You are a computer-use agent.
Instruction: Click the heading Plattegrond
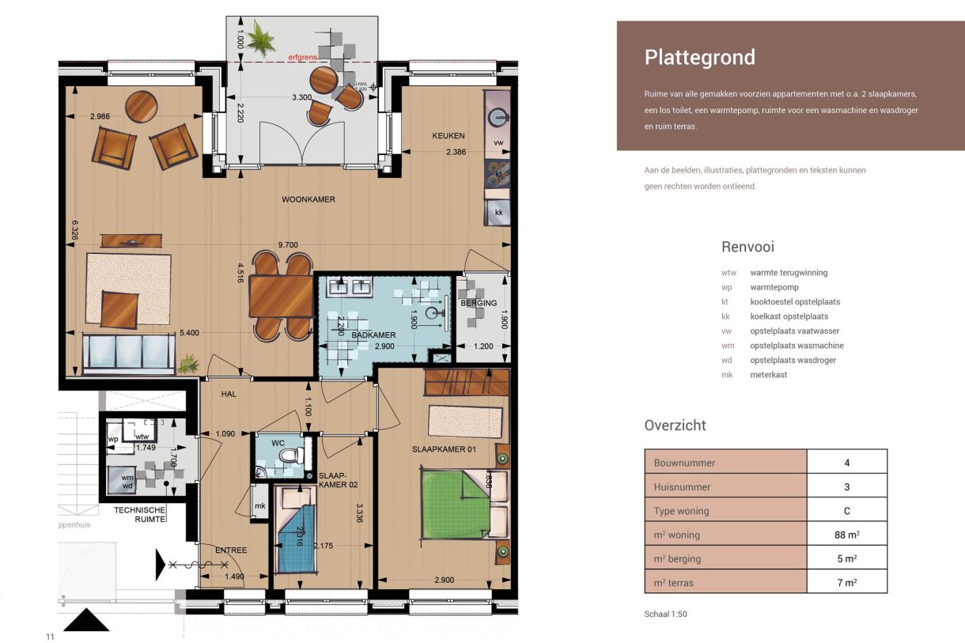click(x=699, y=58)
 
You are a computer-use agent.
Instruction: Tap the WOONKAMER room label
click(x=308, y=200)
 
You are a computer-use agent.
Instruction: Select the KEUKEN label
click(x=448, y=136)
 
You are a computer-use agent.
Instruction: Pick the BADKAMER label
click(x=373, y=335)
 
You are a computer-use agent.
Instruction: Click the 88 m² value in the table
click(x=846, y=535)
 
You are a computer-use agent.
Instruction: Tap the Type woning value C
click(x=846, y=511)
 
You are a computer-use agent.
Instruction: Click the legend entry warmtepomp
click(x=774, y=287)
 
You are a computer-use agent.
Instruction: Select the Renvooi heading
click(x=747, y=247)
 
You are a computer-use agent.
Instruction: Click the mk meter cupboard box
click(x=259, y=506)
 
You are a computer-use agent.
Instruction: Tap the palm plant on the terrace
click(x=258, y=36)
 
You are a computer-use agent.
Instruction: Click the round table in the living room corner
click(x=143, y=107)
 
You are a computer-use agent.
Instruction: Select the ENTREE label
click(x=231, y=550)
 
